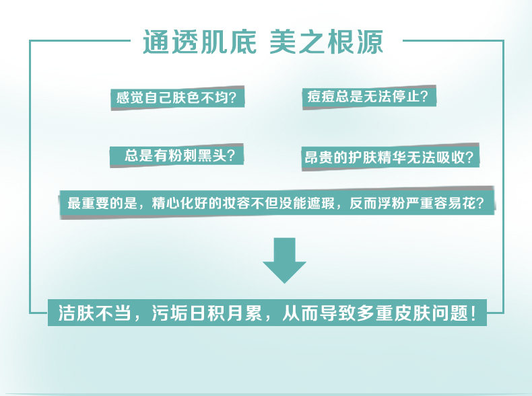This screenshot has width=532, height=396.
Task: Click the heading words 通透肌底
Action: [x=199, y=42]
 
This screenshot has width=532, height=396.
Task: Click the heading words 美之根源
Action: [x=326, y=42]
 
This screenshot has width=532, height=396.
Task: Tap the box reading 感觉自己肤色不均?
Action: [x=176, y=97]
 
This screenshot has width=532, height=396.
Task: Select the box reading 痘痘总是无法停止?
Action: [x=368, y=96]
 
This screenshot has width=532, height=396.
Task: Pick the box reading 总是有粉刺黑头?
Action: [x=176, y=155]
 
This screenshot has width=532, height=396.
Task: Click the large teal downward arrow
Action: [x=284, y=260]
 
